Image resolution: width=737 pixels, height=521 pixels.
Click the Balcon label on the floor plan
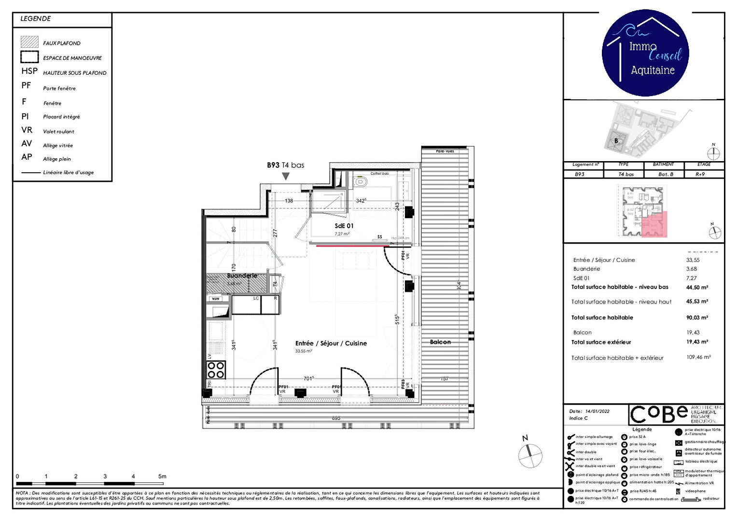tap(440, 342)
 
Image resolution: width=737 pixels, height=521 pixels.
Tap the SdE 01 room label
tap(344, 226)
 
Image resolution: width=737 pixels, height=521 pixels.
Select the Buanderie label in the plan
tap(242, 276)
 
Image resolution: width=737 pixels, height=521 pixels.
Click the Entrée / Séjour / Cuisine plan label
tap(331, 343)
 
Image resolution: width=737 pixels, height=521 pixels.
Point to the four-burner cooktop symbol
tap(216, 370)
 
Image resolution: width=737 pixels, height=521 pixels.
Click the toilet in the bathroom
tap(360, 182)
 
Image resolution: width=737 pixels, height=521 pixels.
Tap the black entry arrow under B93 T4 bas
tap(286, 177)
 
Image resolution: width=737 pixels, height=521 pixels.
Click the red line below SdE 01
tap(352, 246)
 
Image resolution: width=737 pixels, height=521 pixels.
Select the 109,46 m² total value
tap(698, 357)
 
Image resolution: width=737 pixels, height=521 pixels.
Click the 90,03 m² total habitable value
tap(697, 317)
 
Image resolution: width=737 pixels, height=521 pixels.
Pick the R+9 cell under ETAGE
tap(700, 174)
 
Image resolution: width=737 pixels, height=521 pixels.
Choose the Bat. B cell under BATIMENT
tap(666, 174)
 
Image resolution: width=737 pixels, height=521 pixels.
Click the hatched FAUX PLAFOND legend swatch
tap(29, 42)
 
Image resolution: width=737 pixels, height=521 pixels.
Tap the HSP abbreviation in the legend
tap(29, 71)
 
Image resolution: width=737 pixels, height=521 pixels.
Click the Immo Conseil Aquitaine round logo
tap(646, 53)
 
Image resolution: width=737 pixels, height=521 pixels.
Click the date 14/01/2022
tap(597, 411)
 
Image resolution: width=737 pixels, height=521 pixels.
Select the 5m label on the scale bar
tap(162, 477)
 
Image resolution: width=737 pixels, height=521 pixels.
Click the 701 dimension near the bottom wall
tap(308, 379)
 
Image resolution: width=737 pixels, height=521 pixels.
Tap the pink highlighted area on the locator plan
tap(654, 224)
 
